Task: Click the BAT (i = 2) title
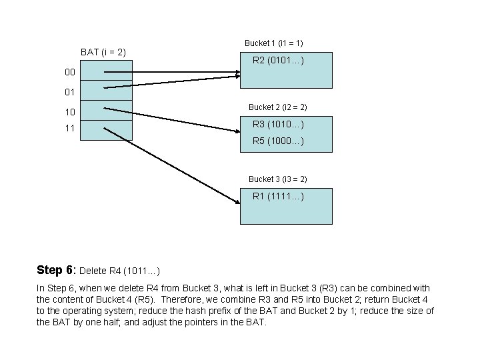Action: click(103, 51)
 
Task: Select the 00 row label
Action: click(70, 71)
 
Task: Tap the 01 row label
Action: click(70, 91)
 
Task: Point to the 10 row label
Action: click(70, 111)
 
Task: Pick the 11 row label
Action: click(70, 127)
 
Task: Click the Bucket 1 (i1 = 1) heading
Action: click(274, 43)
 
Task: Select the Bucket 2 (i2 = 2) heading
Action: click(277, 107)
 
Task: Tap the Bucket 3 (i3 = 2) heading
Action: click(277, 179)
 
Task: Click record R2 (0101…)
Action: click(278, 61)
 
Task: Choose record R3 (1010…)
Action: click(278, 124)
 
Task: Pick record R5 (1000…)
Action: click(278, 141)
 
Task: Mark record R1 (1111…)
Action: click(278, 196)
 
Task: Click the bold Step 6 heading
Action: click(56, 270)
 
